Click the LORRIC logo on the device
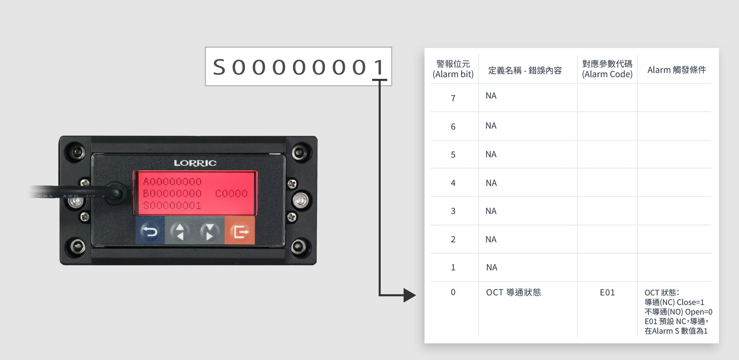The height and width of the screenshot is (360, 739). coord(195,163)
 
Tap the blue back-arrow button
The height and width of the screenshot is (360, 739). coord(150,230)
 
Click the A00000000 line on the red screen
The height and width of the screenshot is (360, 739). coord(172,182)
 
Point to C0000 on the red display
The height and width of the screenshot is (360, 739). coord(231,194)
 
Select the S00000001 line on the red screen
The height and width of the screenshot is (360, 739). coord(172,206)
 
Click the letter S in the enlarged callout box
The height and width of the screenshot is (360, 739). coord(219,67)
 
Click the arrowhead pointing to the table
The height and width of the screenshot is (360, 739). coord(410,295)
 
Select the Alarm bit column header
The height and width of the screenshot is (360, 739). coord(453,69)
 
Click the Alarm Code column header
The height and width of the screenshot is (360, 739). coord(607,69)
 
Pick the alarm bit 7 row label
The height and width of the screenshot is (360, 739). coord(453,98)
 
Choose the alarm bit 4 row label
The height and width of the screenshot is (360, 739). coord(453,183)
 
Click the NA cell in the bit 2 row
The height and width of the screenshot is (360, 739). coord(491,239)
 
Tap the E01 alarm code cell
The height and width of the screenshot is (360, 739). coord(607,292)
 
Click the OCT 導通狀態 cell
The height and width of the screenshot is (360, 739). coord(513,292)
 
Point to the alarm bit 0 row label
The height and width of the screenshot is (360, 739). coord(453,292)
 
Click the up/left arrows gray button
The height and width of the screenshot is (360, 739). coord(180,230)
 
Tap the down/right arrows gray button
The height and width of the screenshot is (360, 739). coord(210,230)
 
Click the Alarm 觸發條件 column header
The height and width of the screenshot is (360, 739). coord(677,70)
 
